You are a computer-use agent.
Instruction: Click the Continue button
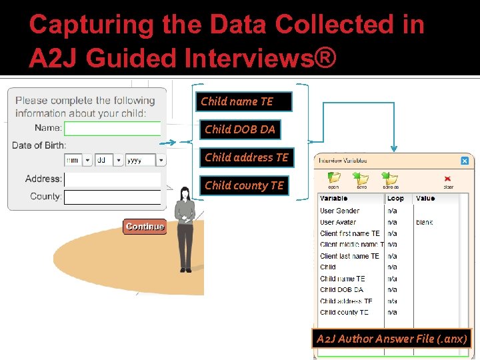pos(144,227)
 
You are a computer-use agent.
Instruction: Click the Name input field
pos(113,128)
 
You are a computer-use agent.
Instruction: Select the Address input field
pos(113,179)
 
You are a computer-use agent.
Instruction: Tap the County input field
pos(113,197)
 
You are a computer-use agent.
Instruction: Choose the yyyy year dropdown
pos(145,161)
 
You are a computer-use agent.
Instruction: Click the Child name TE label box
pos(244,101)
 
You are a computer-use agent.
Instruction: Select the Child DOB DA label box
pos(240,129)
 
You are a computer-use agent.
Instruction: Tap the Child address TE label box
pos(247,157)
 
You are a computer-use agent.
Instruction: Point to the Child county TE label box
pos(244,185)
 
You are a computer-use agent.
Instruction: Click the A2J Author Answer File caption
pos(392,339)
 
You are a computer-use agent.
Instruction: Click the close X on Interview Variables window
pos(465,161)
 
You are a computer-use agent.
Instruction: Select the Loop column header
pos(396,198)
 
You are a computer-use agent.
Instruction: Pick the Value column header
pos(425,198)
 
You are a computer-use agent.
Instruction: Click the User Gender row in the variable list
pos(340,211)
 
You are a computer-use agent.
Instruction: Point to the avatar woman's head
pos(185,193)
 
